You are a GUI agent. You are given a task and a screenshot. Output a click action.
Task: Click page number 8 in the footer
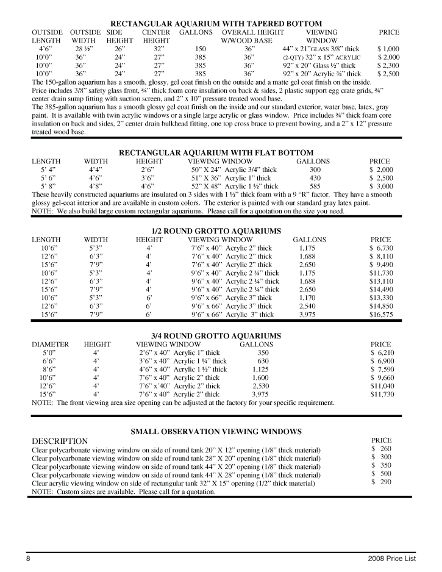pos(28,559)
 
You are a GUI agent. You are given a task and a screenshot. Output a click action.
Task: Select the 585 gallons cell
pos(315,187)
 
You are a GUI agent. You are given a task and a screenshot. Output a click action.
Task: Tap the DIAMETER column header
pos(50,344)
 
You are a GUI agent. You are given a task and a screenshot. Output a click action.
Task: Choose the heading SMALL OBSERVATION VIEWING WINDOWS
pos(216,431)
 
